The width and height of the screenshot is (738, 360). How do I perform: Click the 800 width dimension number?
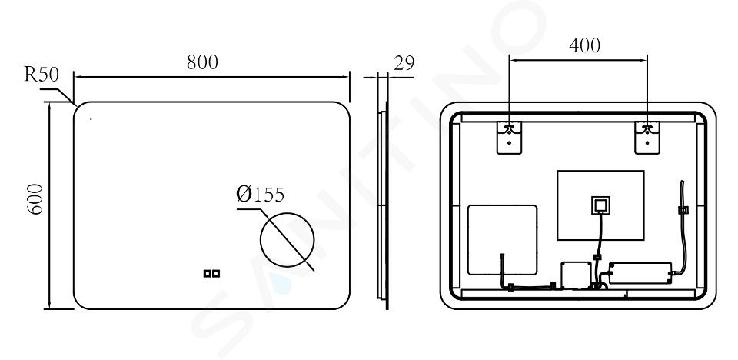pos(202,62)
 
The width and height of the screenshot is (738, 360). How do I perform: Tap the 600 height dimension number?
pos(35,199)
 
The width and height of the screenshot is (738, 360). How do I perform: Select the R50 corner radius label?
pos(42,75)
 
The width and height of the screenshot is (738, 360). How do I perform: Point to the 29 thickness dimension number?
pos(404,62)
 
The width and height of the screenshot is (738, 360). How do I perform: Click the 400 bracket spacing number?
pos(584,45)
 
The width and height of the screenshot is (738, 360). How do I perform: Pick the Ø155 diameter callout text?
pos(261,194)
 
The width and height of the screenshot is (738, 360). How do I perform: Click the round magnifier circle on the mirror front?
pos(287,239)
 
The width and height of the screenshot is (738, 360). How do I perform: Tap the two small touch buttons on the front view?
pos(212,273)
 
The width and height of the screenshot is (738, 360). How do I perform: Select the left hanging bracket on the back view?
pos(509,138)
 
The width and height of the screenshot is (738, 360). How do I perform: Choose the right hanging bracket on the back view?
pos(647,138)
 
